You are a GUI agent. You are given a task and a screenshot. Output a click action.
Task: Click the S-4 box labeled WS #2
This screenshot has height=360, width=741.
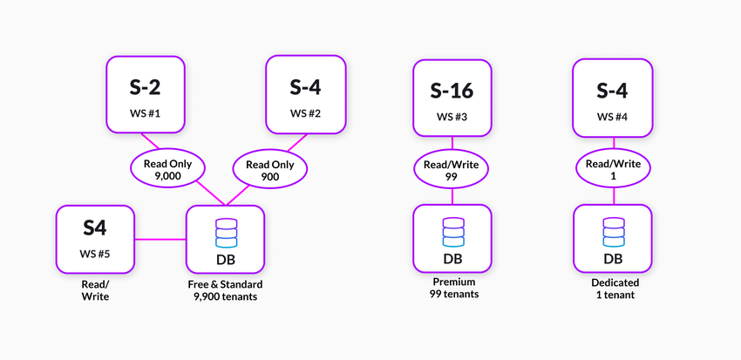point(305,95)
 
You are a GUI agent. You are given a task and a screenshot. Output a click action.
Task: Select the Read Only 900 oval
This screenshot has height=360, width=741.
point(269,170)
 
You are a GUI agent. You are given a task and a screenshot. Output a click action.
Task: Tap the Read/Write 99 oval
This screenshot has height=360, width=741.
point(452,170)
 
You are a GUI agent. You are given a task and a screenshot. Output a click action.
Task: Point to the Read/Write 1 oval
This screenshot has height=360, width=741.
point(612,170)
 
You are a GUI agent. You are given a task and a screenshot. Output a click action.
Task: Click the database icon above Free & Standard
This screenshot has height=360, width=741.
point(226,232)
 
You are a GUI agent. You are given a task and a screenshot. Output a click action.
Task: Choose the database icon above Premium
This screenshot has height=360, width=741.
point(452,232)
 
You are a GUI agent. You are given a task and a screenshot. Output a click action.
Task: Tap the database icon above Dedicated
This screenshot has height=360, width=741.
point(612,232)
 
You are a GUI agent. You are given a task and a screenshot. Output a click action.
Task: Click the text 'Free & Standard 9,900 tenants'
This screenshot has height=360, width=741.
point(225,290)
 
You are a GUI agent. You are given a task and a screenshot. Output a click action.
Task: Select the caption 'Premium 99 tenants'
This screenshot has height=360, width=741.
point(452,289)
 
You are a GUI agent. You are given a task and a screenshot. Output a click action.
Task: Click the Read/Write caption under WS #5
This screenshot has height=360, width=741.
point(95,290)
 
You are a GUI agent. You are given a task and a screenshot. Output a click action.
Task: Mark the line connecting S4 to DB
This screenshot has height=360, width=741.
point(160,238)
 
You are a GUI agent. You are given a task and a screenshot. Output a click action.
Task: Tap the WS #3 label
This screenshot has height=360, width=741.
point(452,116)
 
